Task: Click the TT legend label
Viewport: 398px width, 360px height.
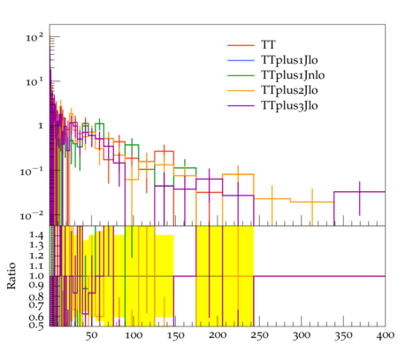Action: (x=268, y=45)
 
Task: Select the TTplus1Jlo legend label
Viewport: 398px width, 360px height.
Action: (x=289, y=60)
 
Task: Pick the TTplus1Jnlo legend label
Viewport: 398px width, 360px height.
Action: (x=293, y=75)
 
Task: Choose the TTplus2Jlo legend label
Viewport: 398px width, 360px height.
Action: (x=289, y=90)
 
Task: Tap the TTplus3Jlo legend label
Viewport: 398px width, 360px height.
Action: (x=289, y=105)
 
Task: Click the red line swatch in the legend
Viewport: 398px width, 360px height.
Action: (x=241, y=45)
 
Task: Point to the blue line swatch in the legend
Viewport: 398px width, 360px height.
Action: (x=241, y=60)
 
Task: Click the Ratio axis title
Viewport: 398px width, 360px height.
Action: (x=11, y=276)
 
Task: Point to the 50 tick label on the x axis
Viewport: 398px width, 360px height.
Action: (x=91, y=335)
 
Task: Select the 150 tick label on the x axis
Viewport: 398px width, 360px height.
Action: (x=175, y=335)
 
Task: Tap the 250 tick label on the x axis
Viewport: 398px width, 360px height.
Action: (x=259, y=335)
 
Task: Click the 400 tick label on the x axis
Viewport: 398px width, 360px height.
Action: (x=385, y=335)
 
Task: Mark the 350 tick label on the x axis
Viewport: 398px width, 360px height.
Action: (x=343, y=335)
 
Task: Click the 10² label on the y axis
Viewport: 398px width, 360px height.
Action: (x=34, y=37)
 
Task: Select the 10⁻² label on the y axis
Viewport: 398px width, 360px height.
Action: (x=32, y=216)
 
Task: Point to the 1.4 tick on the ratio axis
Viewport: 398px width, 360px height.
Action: (x=36, y=235)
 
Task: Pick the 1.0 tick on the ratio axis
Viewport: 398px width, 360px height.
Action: (x=36, y=276)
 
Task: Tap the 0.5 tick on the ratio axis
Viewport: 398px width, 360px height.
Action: (x=36, y=325)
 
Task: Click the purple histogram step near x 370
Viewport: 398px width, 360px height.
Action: (x=359, y=192)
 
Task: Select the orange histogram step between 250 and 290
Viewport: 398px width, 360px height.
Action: (x=272, y=199)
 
